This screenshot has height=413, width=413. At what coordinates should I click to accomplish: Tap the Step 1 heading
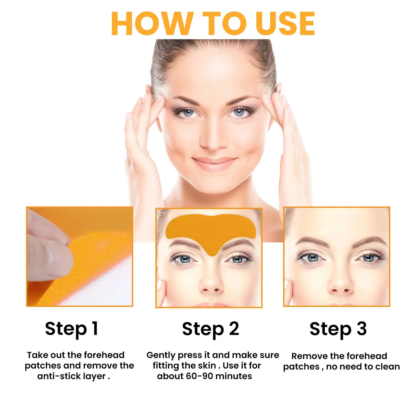[71, 329]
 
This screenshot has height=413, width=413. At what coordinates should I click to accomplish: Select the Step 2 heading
[210, 329]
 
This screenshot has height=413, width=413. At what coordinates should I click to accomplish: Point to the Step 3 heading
[338, 329]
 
